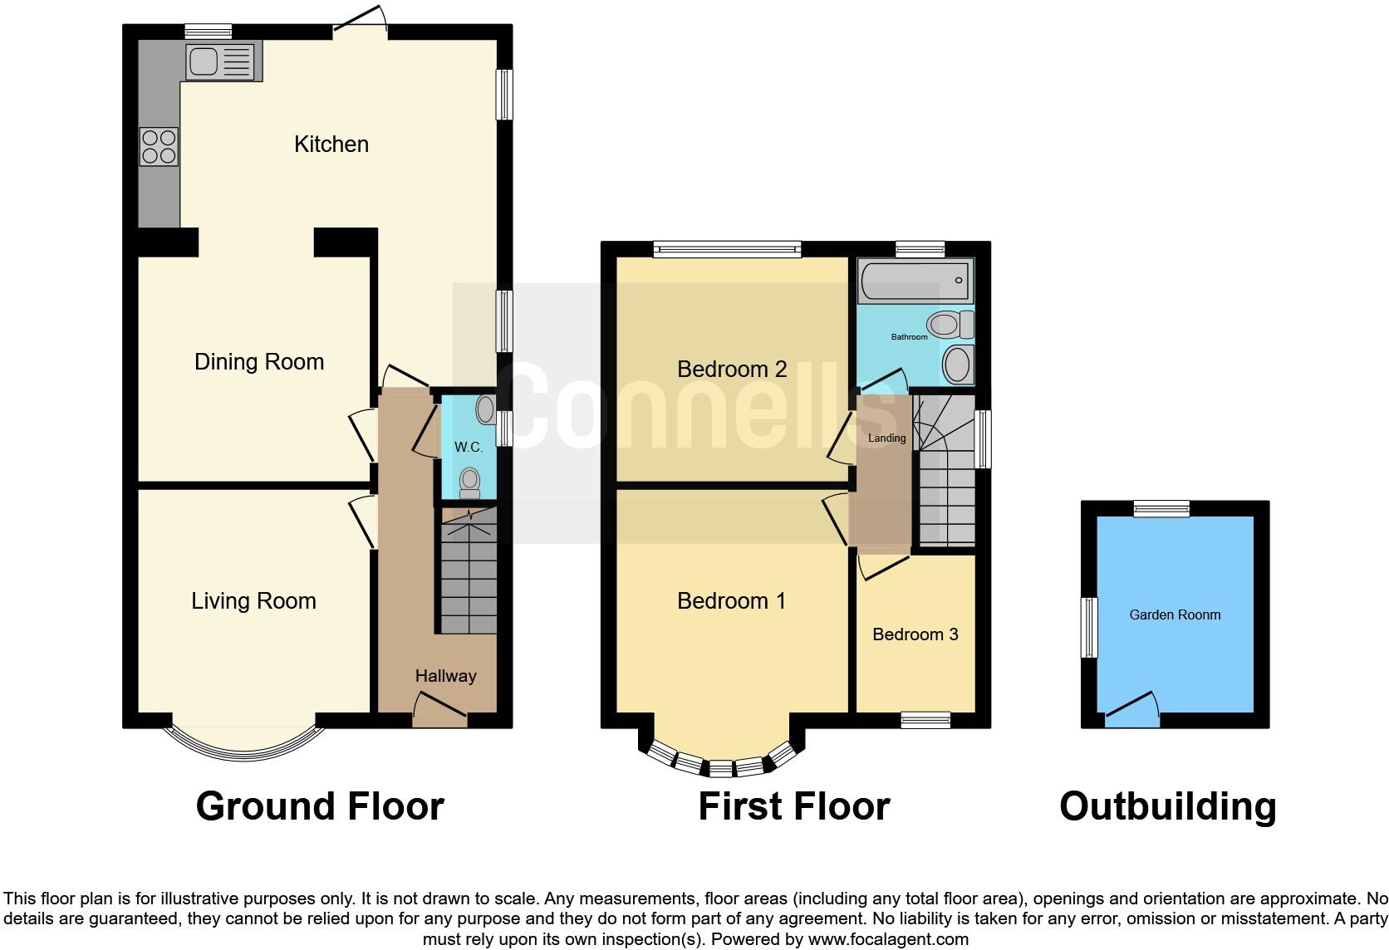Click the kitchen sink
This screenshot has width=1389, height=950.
[221, 61]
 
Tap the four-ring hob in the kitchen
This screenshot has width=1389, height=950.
[159, 146]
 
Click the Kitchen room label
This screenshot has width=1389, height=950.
[331, 144]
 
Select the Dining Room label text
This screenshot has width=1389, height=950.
[258, 362]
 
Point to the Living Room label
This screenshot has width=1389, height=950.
[253, 601]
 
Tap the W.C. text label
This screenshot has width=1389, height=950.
[468, 448]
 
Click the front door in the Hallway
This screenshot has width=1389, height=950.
[439, 710]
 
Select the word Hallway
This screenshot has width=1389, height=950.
[445, 676]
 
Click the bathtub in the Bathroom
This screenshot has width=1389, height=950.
[915, 281]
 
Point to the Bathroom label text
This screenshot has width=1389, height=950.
[909, 337]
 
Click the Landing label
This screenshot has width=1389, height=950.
[886, 438]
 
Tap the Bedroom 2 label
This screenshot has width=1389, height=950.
[731, 370]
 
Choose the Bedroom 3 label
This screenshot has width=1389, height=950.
[915, 634]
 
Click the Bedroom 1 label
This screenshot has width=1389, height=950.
[731, 601]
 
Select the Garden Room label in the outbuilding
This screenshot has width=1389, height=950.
[1175, 615]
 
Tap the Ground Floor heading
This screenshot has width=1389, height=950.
[320, 806]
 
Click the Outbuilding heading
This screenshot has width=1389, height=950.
[1167, 806]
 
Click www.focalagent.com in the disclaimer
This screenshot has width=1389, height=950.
[887, 940]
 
